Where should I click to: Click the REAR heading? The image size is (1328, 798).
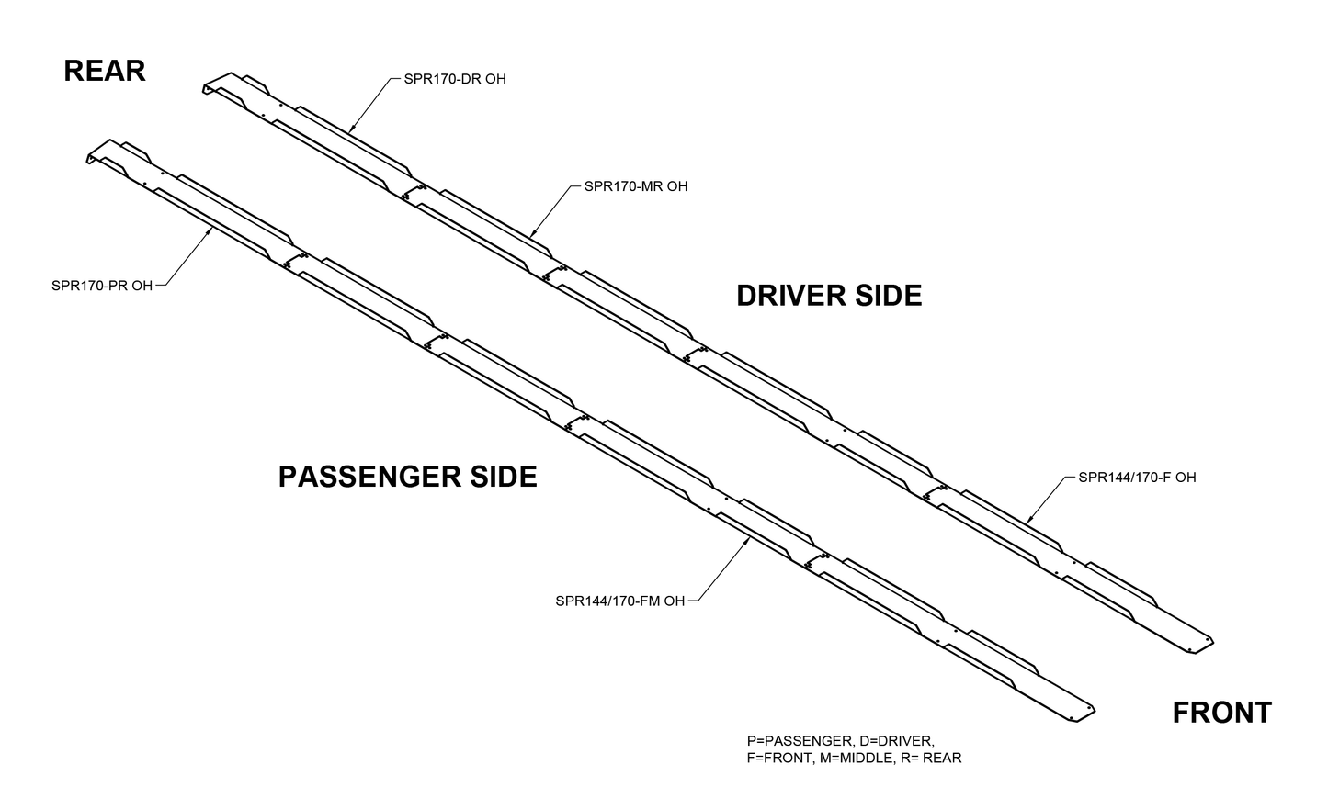[x=104, y=71]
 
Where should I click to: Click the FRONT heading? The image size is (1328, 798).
[x=1221, y=713]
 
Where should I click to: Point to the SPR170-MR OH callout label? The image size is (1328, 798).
[x=636, y=186]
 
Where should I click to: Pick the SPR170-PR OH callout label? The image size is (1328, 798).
[x=102, y=286]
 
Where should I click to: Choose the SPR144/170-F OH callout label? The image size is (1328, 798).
[x=1137, y=478]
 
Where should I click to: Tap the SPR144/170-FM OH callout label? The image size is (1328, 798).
[x=620, y=601]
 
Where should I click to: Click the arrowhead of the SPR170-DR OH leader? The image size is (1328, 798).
[x=350, y=127]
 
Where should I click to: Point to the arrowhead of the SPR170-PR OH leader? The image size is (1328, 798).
[x=211, y=230]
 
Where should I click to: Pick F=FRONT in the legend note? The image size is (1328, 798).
[x=778, y=758]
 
